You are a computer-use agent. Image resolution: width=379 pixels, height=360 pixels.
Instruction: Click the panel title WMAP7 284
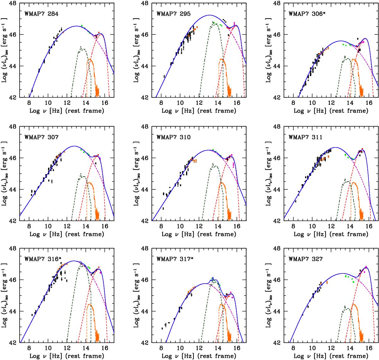pos(43,14)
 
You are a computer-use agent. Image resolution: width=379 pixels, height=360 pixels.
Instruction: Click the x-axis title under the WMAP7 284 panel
pos(67,111)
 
